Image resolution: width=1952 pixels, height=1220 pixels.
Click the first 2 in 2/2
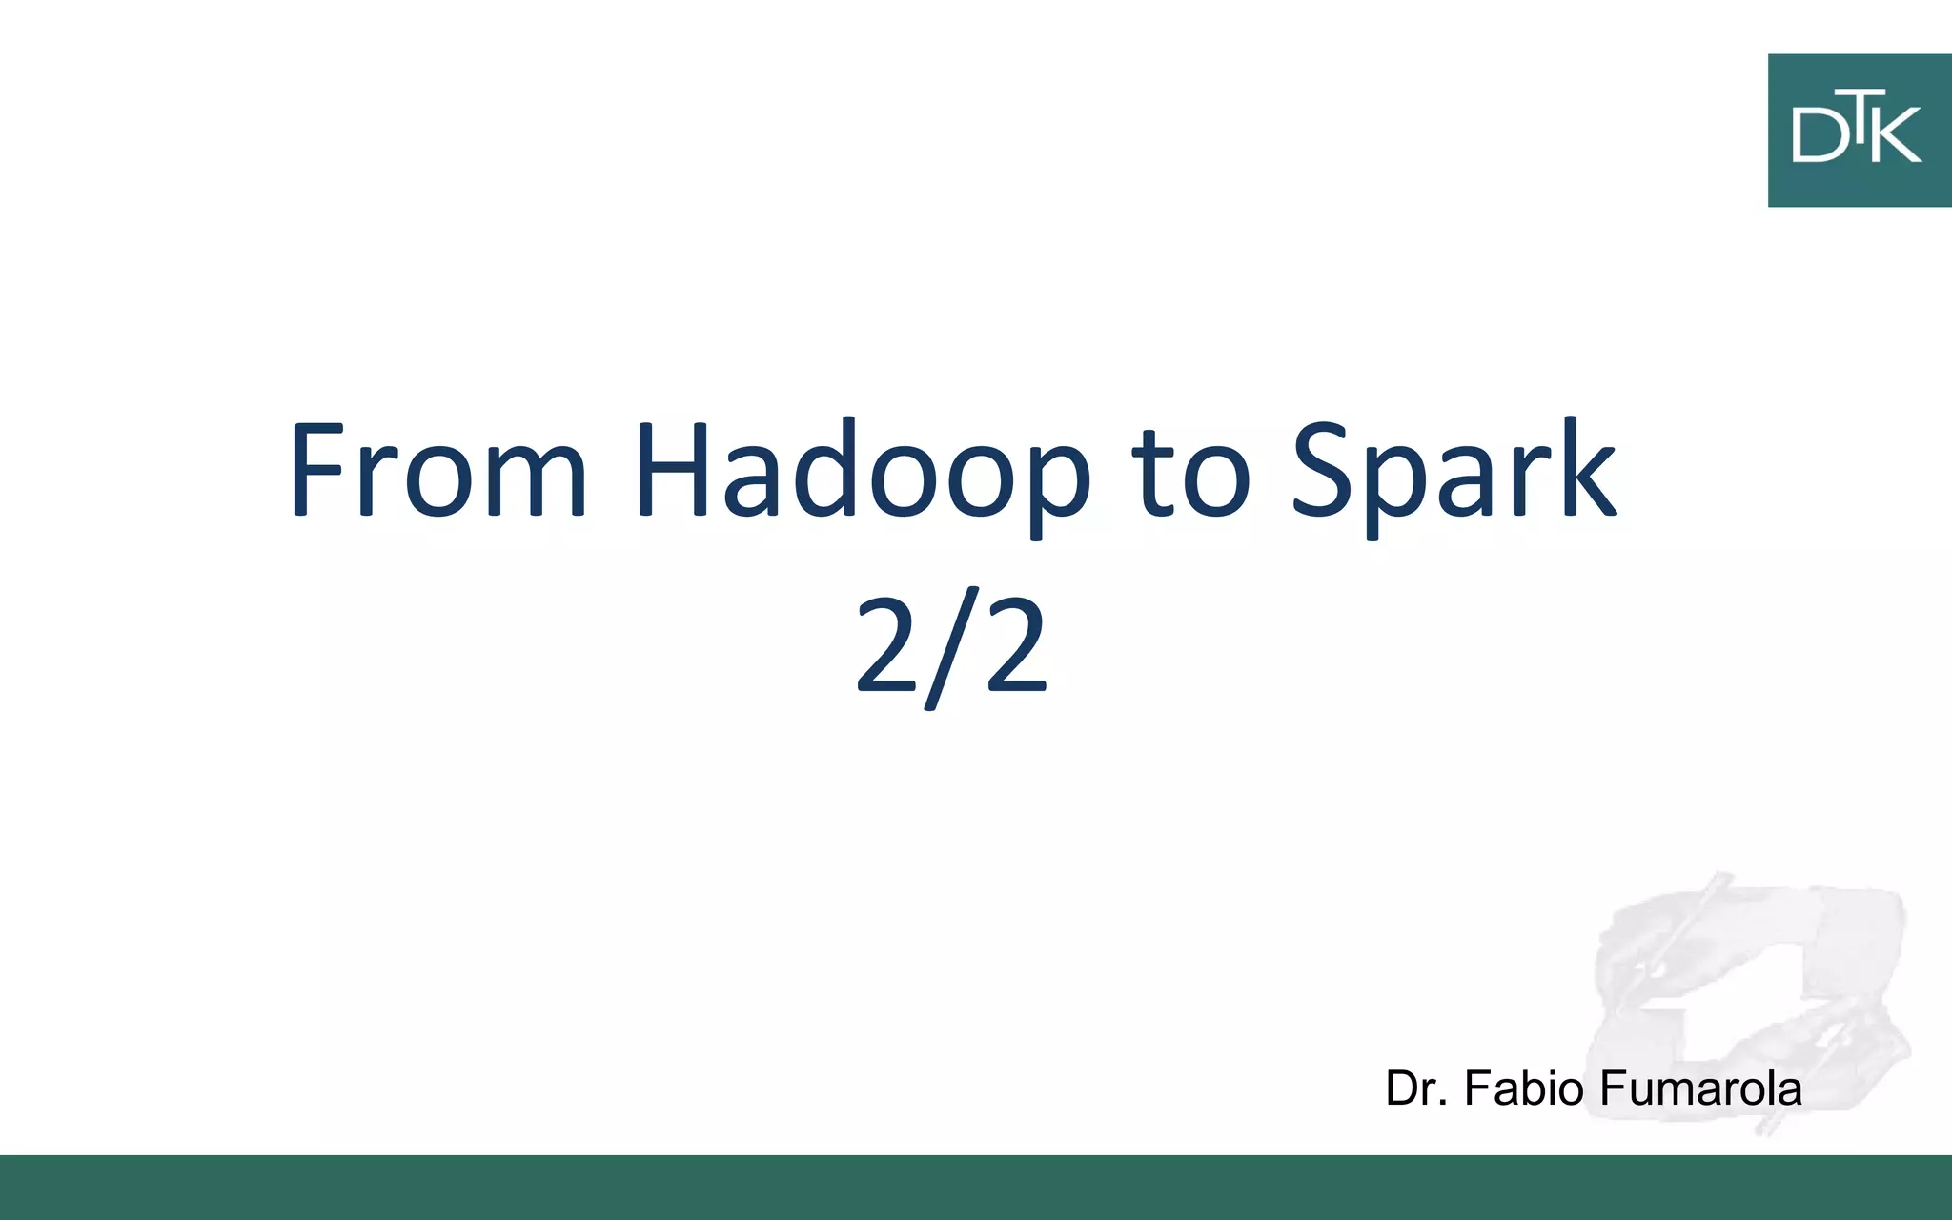pos(885,644)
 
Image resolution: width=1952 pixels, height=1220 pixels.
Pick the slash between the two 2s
pos(952,648)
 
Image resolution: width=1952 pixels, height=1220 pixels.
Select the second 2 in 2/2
pos(1017,644)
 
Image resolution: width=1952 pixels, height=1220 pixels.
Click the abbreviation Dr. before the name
pos(1417,1088)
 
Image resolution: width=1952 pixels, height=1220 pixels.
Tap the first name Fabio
pos(1525,1088)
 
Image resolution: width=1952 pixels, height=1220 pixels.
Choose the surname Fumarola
pos(1700,1088)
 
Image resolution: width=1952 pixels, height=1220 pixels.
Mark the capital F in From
pos(314,470)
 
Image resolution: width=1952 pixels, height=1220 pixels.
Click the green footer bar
pos(976,1188)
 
